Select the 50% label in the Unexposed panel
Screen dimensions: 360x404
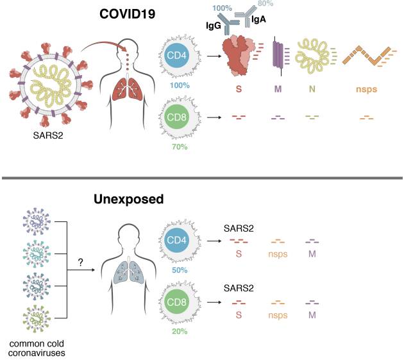click(x=179, y=271)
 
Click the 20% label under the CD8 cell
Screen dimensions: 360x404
click(x=179, y=332)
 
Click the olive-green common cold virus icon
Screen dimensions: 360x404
click(x=36, y=318)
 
